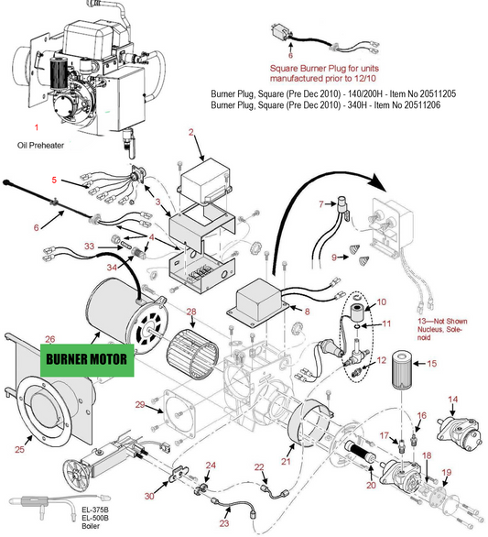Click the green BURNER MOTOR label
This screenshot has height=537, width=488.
(87, 360)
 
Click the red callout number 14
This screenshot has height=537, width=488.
(452, 400)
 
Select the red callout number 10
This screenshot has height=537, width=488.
(382, 301)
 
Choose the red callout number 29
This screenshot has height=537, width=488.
(140, 404)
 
